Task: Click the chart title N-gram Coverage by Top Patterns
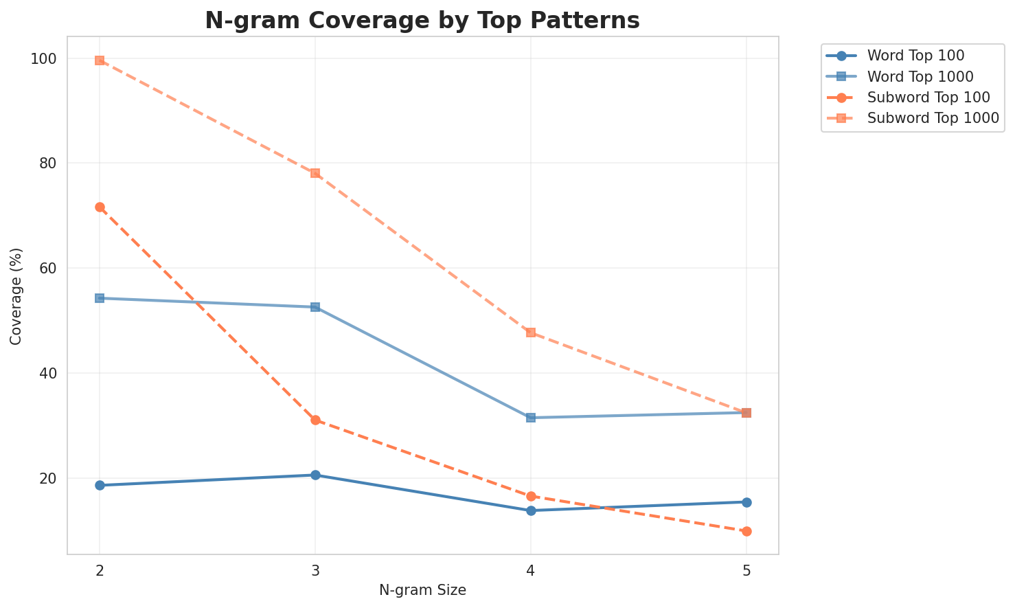click(x=422, y=21)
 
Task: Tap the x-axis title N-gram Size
click(x=422, y=590)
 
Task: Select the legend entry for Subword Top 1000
click(x=932, y=117)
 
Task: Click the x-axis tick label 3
click(x=315, y=571)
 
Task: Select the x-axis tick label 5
click(x=746, y=571)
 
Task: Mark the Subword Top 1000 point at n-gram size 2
click(x=100, y=60)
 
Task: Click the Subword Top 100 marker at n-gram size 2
click(x=100, y=207)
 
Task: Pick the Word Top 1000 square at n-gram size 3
click(x=315, y=307)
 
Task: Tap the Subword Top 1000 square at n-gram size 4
click(x=531, y=333)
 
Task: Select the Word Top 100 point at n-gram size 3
click(x=315, y=475)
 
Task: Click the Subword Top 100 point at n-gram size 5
click(x=746, y=531)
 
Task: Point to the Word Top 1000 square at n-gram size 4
click(x=531, y=418)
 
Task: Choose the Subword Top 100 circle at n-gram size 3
click(x=315, y=420)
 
